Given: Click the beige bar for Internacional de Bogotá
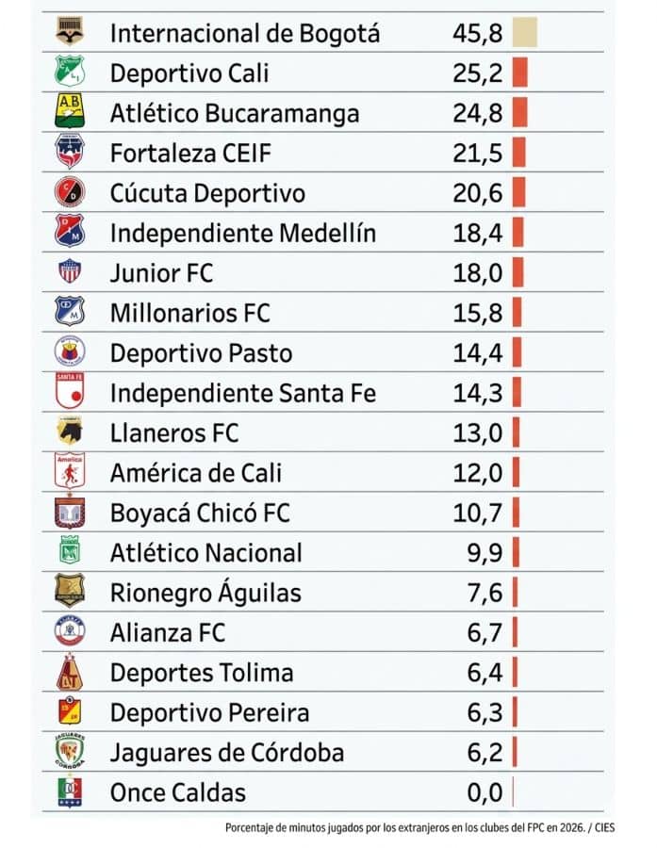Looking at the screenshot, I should (524, 33).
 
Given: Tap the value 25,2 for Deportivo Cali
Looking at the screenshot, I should (477, 73).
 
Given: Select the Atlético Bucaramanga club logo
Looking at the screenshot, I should (70, 113).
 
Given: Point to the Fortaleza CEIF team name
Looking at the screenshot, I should (181, 153).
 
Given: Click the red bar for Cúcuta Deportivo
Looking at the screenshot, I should (518, 193).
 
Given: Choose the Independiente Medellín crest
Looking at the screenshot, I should (70, 233).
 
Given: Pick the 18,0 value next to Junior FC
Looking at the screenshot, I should (477, 273).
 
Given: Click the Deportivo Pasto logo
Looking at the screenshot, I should (70, 352).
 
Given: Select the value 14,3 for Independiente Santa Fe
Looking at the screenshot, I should (477, 393).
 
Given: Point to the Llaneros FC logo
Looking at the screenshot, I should (70, 432).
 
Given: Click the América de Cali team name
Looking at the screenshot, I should (195, 473).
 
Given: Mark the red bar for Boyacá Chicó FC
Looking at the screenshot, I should (516, 513).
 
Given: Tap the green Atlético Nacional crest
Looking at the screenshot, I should (70, 552).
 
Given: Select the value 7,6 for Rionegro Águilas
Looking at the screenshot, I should (485, 593).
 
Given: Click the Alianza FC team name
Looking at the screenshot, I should (168, 632).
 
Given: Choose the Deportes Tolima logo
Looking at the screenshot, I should (70, 673).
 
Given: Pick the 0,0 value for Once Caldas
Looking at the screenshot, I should (485, 792).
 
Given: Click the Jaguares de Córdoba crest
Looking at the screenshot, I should (70, 753).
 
